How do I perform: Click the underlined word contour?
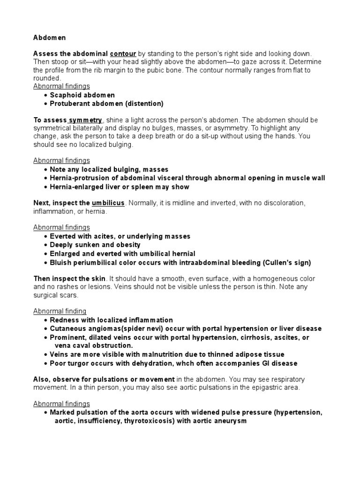123,54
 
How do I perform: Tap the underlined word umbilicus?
108,203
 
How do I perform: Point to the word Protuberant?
71,103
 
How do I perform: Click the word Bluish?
61,262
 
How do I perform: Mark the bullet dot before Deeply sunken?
45,245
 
